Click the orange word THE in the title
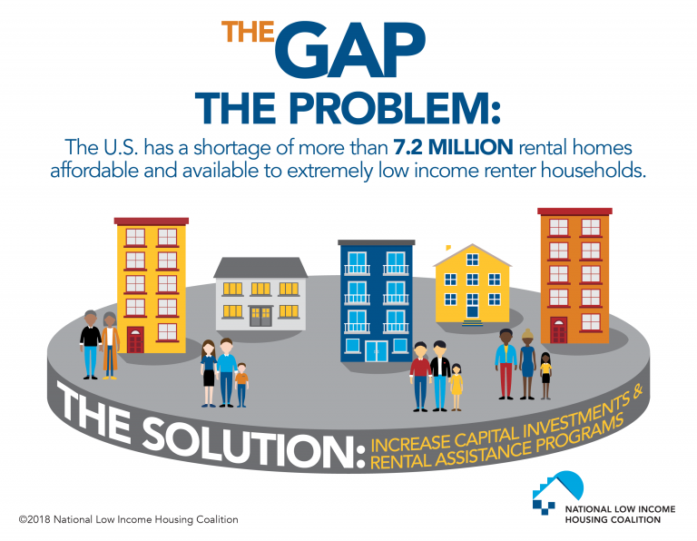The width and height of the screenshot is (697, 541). [x=248, y=32]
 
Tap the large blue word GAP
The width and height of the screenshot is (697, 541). [x=350, y=50]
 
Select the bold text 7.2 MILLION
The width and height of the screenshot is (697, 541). [x=454, y=147]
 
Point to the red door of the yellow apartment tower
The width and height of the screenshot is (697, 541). [x=135, y=339]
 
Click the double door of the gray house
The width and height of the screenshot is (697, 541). [x=260, y=317]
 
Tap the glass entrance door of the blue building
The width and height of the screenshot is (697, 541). [x=376, y=351]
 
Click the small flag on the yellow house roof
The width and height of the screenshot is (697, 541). [x=448, y=247]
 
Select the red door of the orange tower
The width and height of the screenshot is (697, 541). [x=559, y=330]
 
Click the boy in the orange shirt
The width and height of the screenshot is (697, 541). [x=241, y=385]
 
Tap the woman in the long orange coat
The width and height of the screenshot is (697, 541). [x=110, y=346]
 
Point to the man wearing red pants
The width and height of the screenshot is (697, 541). [x=506, y=364]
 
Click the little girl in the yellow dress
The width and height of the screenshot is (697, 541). [x=456, y=387]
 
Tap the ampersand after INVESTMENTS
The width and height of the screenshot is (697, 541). [x=636, y=391]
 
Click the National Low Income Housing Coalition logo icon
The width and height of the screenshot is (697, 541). [x=557, y=493]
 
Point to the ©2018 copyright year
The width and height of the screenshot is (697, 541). [x=35, y=519]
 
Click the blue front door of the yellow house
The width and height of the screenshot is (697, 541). [x=472, y=310]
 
